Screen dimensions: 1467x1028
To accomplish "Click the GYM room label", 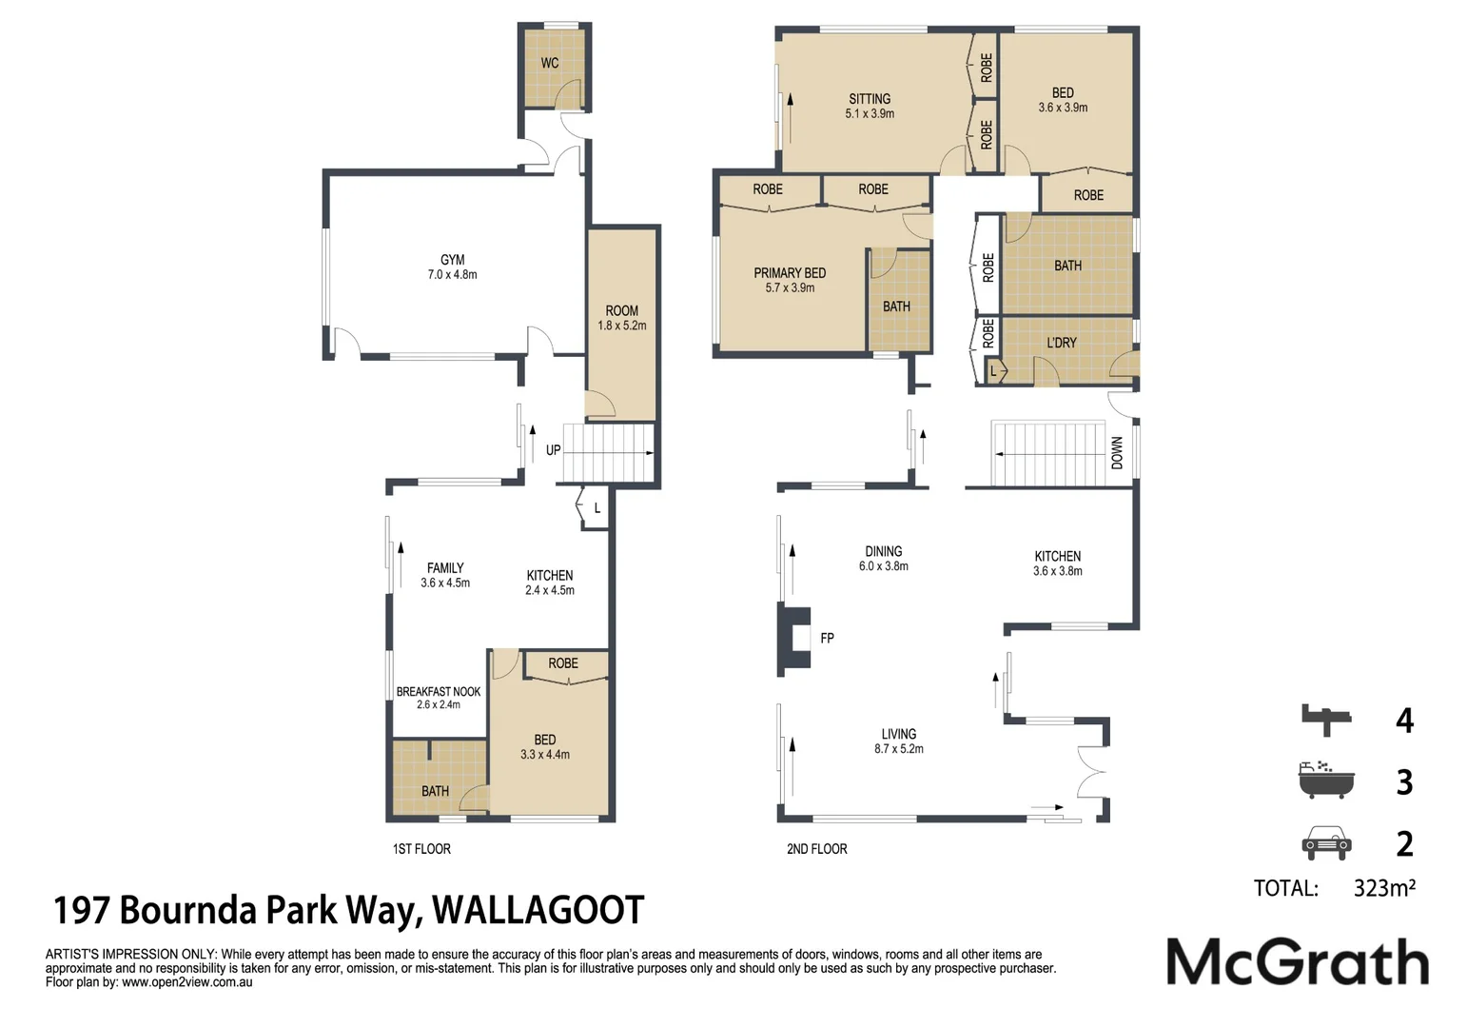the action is click(453, 260).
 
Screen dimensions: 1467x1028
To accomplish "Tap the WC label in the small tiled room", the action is click(550, 63).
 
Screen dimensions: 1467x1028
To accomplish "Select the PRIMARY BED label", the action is click(790, 272).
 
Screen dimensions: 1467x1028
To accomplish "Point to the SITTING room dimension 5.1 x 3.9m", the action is click(870, 113).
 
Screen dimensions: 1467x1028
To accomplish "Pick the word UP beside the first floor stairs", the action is click(554, 450).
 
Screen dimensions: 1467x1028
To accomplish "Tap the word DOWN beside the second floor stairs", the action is click(1117, 453).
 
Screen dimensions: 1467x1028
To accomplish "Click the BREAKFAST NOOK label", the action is click(439, 691).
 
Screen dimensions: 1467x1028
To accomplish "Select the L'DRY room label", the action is click(1061, 343).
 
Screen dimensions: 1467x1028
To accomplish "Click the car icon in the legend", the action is click(1325, 842).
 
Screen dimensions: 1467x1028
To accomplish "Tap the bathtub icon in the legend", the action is click(1326, 780).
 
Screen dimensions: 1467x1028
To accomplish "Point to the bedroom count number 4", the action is click(1404, 720).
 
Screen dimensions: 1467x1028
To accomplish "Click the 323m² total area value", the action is click(1384, 888).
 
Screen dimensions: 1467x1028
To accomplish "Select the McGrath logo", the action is click(1298, 961).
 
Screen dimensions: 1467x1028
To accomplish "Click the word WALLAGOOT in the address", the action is click(538, 910).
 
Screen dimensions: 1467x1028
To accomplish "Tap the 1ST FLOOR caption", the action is click(421, 848).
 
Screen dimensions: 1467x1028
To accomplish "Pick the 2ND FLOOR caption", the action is click(816, 848).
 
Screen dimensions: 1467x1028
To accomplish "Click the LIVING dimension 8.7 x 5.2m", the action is click(898, 748).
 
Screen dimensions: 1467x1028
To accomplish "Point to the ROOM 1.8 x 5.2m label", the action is click(621, 318).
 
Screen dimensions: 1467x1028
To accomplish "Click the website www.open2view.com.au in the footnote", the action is click(186, 982).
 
